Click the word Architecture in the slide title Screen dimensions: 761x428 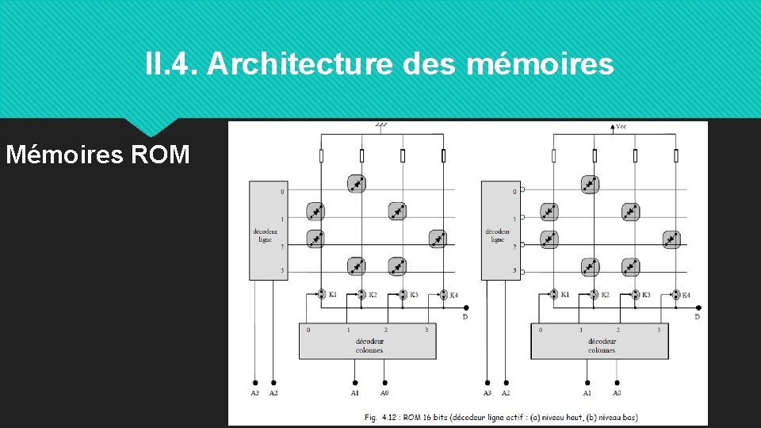tap(300, 63)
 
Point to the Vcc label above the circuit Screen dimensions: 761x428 tap(621, 126)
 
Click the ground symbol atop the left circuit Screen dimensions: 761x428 tap(381, 125)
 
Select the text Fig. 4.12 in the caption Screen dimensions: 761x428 tap(380, 417)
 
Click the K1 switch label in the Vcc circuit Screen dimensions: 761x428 tap(565, 294)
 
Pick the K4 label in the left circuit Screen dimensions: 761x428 tap(453, 295)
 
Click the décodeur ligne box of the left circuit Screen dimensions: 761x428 tap(265, 230)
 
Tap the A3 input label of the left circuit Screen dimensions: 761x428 tap(254, 393)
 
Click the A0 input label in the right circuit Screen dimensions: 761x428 tap(616, 393)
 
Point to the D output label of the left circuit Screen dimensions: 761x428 tap(465, 317)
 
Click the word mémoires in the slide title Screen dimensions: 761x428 tap(541, 63)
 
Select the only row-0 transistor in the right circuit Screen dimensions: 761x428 tap(589, 184)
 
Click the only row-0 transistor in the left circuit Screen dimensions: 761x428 tap(357, 184)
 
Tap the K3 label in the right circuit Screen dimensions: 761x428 tap(646, 295)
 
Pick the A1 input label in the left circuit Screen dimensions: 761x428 tap(355, 393)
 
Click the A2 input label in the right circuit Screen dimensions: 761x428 tap(506, 393)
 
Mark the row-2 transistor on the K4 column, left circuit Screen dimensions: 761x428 tap(438, 239)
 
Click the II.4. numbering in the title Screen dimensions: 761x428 tap(172, 63)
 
